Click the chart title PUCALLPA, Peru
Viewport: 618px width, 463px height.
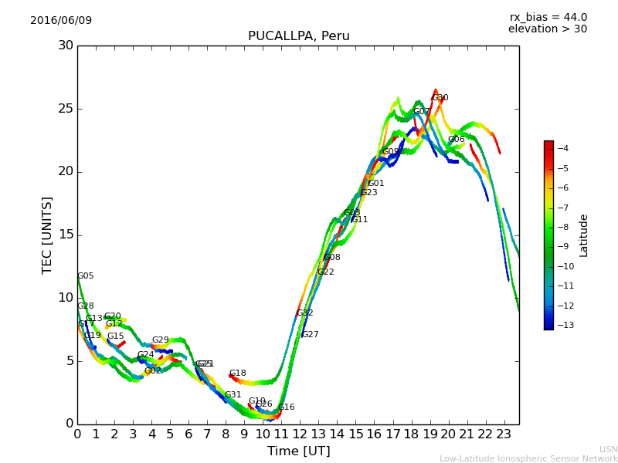[x=298, y=36]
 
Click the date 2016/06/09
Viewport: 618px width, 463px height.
[x=61, y=20]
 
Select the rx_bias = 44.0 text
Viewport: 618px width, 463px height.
[x=548, y=17]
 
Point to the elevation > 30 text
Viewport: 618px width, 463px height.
[x=547, y=29]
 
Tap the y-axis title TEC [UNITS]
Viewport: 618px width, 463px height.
[x=47, y=235]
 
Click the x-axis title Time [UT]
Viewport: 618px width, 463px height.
[x=298, y=451]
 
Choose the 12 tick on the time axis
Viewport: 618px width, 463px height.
[x=300, y=434]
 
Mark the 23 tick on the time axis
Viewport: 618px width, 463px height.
[x=504, y=434]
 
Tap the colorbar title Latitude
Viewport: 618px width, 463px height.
[x=584, y=235]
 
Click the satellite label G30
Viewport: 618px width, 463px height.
[x=440, y=98]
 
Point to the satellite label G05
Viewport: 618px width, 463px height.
[x=85, y=276]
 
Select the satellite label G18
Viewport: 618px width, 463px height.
[x=237, y=373]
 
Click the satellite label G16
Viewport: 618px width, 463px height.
[x=286, y=407]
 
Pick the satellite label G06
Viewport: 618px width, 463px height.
[x=456, y=140]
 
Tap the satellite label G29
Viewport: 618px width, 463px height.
[x=160, y=340]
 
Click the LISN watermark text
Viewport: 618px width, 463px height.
[x=608, y=449]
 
